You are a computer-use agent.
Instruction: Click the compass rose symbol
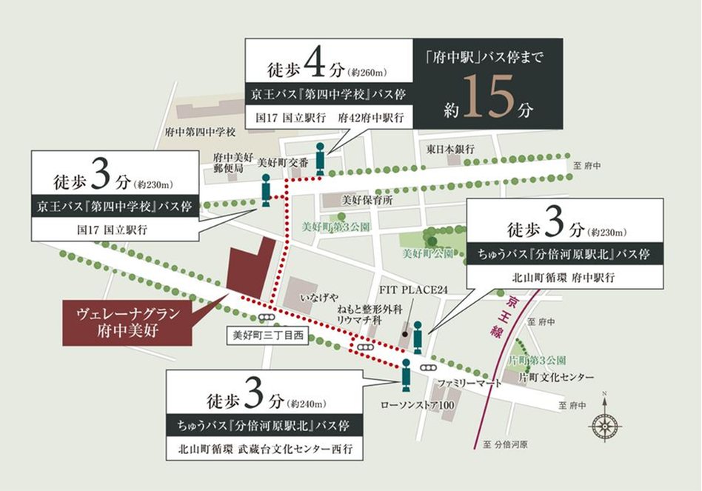pos(605,424)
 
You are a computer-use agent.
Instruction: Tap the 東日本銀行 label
pos(450,149)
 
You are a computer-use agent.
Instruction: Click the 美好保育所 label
pos(367,200)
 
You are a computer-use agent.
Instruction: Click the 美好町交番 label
pos(278,167)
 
